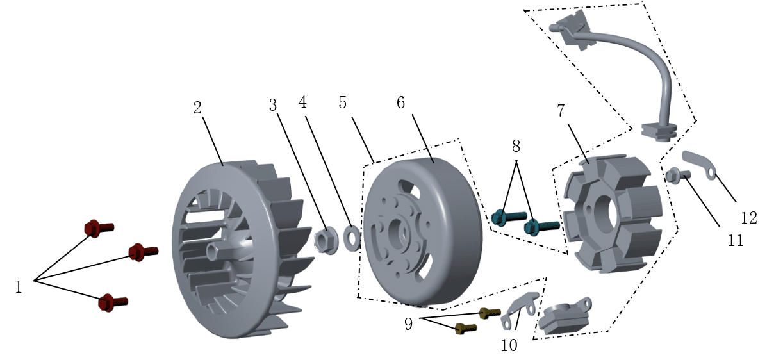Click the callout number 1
(19, 288)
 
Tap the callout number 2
(197, 108)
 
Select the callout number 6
(401, 102)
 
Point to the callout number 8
(516, 145)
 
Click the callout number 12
(748, 218)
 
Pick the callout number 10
(509, 345)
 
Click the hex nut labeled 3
(326, 241)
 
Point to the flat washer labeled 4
(352, 238)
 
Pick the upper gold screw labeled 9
(490, 313)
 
